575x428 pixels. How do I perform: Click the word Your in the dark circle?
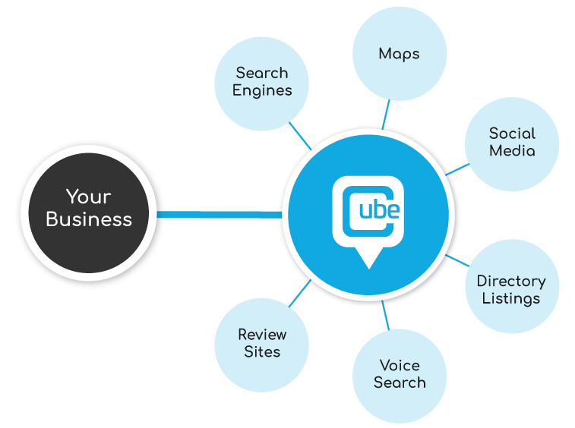(x=88, y=197)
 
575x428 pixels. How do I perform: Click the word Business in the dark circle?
(x=89, y=219)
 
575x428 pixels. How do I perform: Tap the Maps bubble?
(x=400, y=54)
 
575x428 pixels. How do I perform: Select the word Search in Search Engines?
(x=262, y=73)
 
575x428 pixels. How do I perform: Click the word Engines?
(x=262, y=90)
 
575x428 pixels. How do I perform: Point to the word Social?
(x=512, y=133)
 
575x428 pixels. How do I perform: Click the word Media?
(x=512, y=150)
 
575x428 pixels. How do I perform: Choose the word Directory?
(x=511, y=281)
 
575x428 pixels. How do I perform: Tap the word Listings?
(x=511, y=298)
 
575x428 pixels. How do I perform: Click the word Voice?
(x=400, y=365)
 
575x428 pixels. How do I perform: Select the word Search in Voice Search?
(x=400, y=382)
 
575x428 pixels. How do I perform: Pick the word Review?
(x=262, y=334)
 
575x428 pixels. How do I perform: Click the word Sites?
(x=262, y=351)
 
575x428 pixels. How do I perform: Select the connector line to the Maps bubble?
(x=385, y=115)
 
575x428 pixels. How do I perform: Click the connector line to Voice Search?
(x=385, y=315)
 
